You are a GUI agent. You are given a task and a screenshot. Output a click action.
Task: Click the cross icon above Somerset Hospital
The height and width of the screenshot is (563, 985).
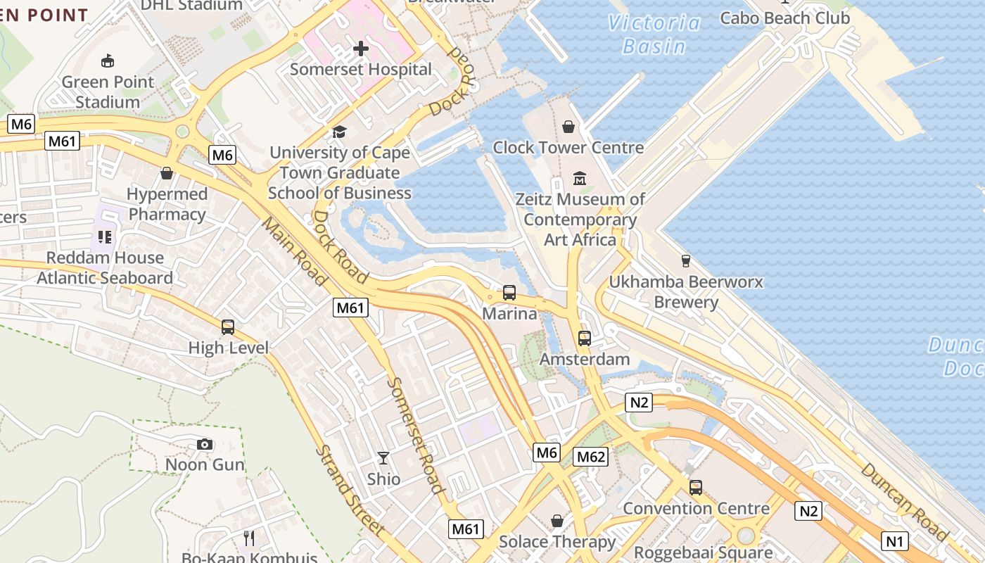coord(361,49)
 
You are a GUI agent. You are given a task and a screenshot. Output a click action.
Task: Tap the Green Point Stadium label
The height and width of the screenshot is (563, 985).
coord(108,92)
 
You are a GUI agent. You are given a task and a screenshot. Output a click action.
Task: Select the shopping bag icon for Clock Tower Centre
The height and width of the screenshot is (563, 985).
coord(568,127)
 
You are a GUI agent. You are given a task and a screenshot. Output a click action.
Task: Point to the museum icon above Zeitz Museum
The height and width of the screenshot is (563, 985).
coord(580,179)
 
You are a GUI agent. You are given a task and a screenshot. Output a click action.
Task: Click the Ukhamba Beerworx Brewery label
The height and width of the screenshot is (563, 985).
coord(686,292)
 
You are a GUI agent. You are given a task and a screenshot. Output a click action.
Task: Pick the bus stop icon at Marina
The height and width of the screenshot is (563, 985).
coord(509,293)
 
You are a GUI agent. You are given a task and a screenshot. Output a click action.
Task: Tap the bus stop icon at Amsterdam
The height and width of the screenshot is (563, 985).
coord(585,339)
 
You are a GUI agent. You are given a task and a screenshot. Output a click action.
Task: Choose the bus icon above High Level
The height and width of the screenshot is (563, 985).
coord(228,327)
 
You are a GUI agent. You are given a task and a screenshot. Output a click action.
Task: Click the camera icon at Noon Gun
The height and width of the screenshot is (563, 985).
coord(205,444)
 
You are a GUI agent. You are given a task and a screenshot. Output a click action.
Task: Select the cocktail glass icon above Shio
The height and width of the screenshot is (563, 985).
coord(383,458)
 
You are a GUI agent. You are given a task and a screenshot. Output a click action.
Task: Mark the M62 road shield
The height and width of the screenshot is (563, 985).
coord(590,457)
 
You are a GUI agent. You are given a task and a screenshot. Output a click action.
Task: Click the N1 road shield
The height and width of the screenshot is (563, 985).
coord(894,541)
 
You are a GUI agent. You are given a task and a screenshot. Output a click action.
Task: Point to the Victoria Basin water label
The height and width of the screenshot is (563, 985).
coord(654,34)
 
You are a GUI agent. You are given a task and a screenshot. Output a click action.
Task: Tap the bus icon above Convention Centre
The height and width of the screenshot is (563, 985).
coord(696,487)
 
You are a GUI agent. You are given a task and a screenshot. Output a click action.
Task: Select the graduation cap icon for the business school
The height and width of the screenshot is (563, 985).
coord(340,132)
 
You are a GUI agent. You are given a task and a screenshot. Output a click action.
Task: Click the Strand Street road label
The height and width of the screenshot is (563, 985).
coord(350,491)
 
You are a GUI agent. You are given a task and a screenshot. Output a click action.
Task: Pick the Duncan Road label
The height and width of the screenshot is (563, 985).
coord(904,501)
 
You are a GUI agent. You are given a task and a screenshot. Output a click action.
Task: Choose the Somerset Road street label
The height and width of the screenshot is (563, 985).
coord(416,435)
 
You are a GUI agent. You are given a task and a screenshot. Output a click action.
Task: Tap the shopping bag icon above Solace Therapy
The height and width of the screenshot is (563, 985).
coord(557,521)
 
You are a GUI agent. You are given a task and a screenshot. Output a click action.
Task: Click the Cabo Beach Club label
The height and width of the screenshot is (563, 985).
coord(784,18)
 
